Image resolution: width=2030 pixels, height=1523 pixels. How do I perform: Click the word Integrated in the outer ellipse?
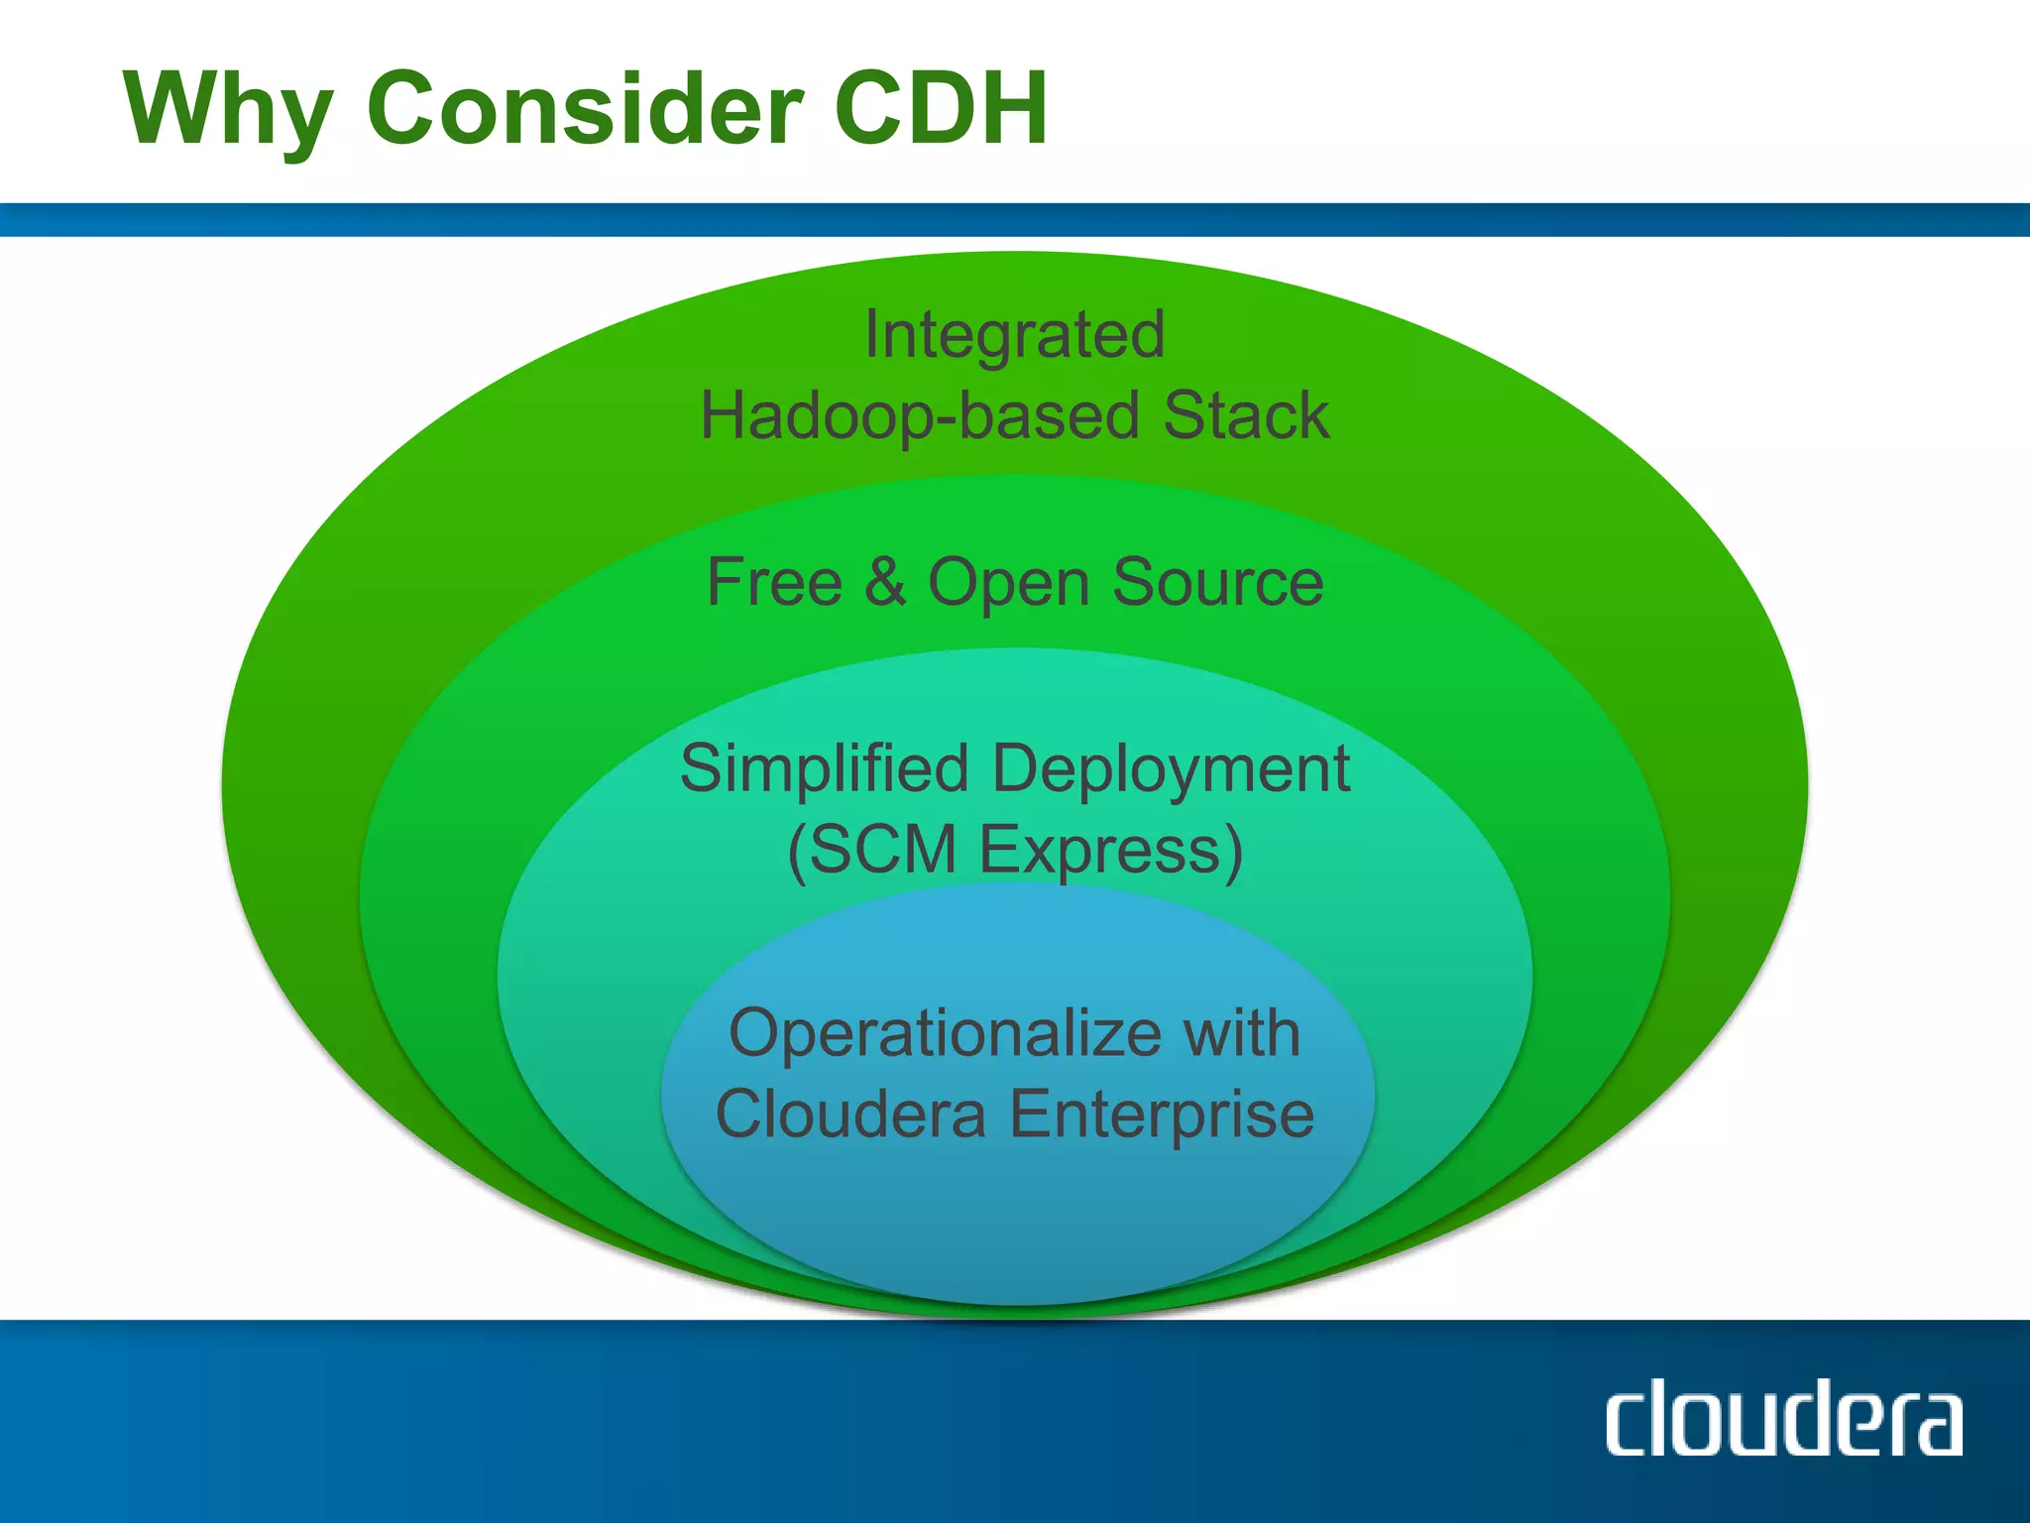[x=1014, y=335]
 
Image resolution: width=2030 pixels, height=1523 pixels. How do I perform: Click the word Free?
[x=774, y=582]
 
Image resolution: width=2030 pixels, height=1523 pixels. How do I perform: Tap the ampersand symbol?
[x=885, y=582]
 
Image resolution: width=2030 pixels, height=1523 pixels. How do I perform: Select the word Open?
[x=1008, y=584]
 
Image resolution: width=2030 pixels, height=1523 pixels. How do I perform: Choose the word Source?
[x=1217, y=582]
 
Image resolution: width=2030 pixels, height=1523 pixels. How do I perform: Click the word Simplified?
[x=824, y=769]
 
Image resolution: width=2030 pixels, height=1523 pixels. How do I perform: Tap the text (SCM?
[x=872, y=851]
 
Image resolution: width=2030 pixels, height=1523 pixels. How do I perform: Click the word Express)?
[x=1111, y=851]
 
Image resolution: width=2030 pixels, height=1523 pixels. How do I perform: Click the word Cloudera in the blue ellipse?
[x=850, y=1113]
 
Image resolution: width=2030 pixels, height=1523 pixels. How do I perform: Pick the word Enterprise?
[x=1162, y=1115]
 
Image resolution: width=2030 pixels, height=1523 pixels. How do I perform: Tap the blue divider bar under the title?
[x=1015, y=219]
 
